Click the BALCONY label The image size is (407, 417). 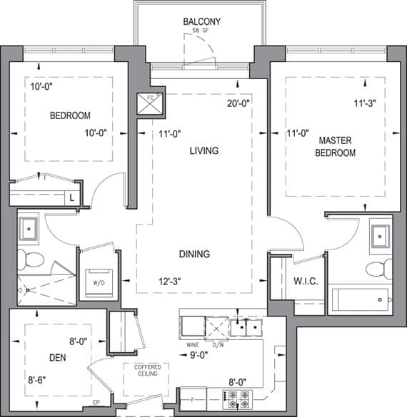tap(201, 21)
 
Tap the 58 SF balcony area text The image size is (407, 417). tap(201, 31)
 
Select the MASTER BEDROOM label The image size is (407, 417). tap(336, 147)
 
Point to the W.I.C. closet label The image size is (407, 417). tap(306, 282)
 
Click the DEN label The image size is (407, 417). tap(58, 358)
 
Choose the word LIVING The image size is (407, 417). tap(204, 151)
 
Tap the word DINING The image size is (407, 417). tap(194, 254)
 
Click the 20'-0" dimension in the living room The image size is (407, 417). tap(238, 103)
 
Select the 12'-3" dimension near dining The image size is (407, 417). tap(170, 282)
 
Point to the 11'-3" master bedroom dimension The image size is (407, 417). tap(365, 103)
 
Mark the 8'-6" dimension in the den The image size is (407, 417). tap(36, 380)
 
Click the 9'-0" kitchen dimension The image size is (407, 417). tap(199, 355)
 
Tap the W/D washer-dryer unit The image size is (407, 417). tap(99, 283)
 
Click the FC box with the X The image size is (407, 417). tap(150, 104)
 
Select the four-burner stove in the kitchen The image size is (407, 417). tap(237, 400)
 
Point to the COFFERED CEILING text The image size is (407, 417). tap(148, 371)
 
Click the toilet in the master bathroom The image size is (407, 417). tap(379, 269)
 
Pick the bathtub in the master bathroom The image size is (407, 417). tap(361, 299)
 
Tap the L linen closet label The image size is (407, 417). tap(71, 198)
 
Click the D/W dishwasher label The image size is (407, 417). tap(218, 345)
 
